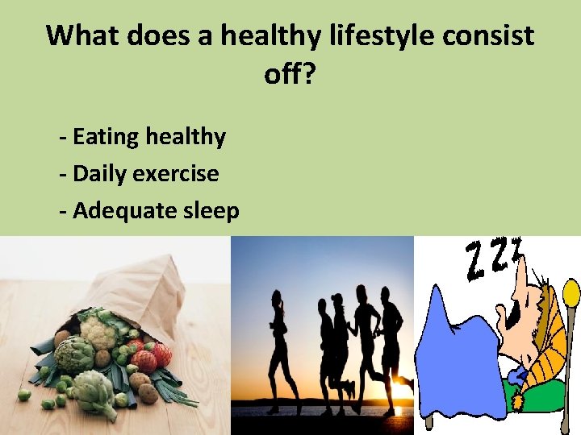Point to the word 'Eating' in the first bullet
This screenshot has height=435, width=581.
106,137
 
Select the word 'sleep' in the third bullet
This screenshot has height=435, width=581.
211,210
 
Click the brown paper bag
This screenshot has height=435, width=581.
145,290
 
